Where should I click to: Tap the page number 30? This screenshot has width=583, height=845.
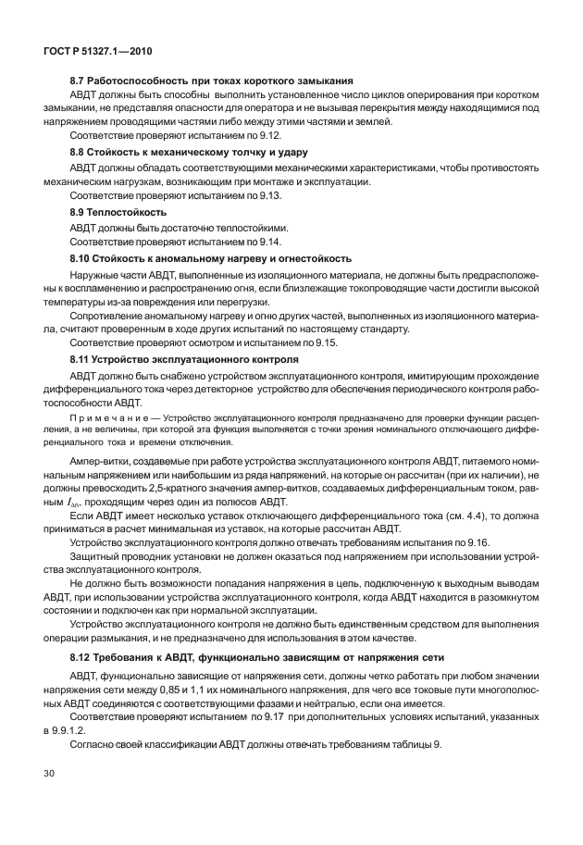[x=49, y=770]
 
